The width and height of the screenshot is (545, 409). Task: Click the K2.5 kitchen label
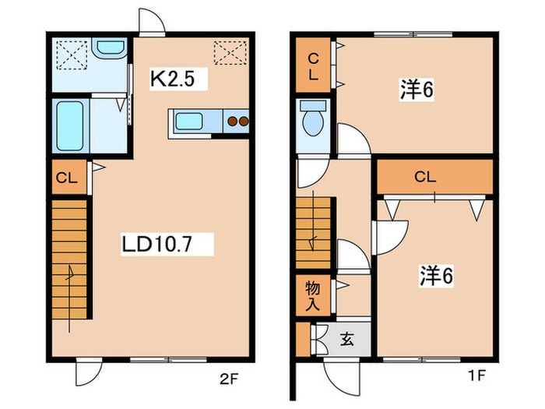[172, 79]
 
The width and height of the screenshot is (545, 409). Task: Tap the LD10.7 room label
[156, 244]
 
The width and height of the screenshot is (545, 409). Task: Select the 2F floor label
[229, 378]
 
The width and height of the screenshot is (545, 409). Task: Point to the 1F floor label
[476, 376]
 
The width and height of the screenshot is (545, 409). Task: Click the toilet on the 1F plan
[313, 118]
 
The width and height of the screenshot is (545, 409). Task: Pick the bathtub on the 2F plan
[70, 126]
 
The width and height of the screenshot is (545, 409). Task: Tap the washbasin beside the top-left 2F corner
[110, 48]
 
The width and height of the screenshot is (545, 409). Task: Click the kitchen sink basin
[188, 121]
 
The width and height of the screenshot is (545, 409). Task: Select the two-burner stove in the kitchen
[237, 122]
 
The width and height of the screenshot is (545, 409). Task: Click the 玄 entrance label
[347, 339]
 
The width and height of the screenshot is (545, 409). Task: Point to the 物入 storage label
[312, 295]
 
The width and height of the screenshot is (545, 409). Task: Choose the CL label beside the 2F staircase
[66, 178]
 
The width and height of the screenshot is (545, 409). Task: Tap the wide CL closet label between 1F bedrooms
[425, 177]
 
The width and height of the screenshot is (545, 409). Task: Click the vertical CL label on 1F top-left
[313, 66]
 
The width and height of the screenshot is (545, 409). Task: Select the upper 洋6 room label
[417, 90]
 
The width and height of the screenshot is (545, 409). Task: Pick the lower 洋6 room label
[436, 276]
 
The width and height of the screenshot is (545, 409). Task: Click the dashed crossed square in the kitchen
[230, 53]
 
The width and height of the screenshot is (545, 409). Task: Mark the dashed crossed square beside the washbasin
[72, 55]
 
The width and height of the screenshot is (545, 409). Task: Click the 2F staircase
[69, 259]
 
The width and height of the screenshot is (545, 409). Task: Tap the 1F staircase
[313, 233]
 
